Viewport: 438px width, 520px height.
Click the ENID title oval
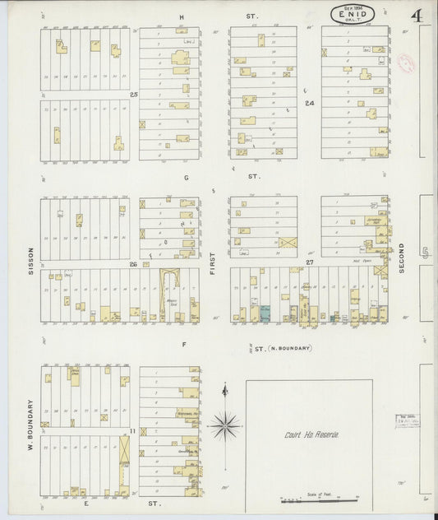354,14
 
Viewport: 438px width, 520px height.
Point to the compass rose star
224,425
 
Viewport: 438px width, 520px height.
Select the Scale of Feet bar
320,499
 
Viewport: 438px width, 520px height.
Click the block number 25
133,95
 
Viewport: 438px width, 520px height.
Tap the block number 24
310,104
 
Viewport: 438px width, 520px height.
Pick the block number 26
132,264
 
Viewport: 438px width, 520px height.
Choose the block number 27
310,262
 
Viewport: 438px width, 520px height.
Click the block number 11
132,430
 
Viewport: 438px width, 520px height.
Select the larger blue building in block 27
265,313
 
